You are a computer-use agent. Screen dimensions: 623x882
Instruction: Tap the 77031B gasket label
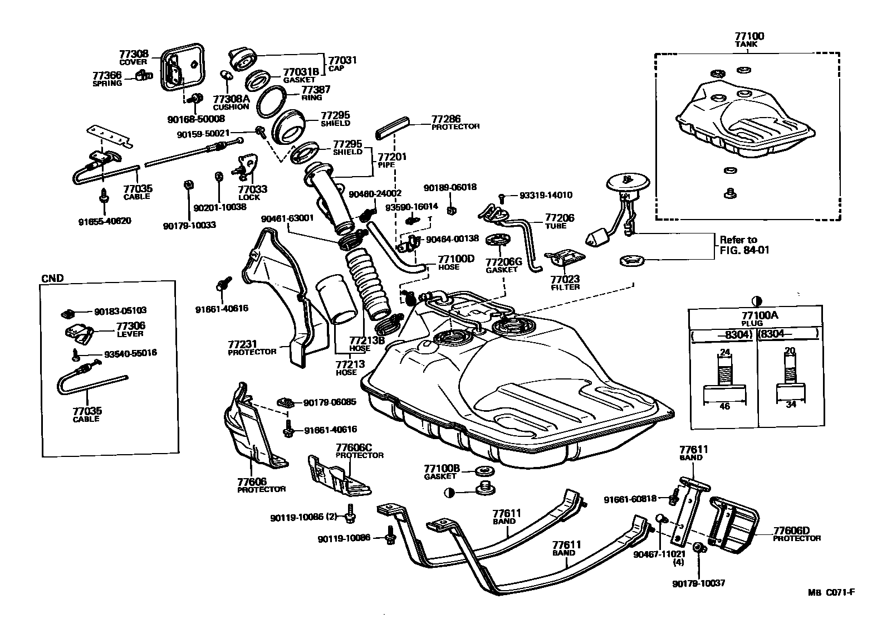pyautogui.click(x=301, y=72)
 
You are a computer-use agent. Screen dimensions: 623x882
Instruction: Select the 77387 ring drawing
pyautogui.click(x=272, y=101)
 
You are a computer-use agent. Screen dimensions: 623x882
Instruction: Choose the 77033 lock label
pyautogui.click(x=253, y=189)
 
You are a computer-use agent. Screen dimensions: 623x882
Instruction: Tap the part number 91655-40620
pyautogui.click(x=105, y=221)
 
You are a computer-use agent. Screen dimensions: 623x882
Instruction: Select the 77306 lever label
pyautogui.click(x=130, y=327)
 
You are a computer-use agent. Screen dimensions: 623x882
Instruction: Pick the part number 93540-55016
pyautogui.click(x=130, y=353)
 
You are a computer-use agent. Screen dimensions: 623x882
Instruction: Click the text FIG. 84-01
pyautogui.click(x=744, y=250)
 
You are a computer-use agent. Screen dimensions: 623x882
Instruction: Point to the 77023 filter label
pyautogui.click(x=565, y=280)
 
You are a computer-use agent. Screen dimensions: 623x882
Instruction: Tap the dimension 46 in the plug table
pyautogui.click(x=724, y=406)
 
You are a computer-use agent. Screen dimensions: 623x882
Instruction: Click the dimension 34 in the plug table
pyautogui.click(x=791, y=405)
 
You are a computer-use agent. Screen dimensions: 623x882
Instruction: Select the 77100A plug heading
pyautogui.click(x=755, y=316)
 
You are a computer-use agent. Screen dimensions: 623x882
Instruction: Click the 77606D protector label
pyautogui.click(x=796, y=531)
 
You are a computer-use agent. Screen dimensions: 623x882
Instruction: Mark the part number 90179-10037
pyautogui.click(x=698, y=583)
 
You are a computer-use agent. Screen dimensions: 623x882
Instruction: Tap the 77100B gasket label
pyautogui.click(x=442, y=469)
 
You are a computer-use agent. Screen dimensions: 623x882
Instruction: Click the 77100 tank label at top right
pyautogui.click(x=749, y=37)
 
